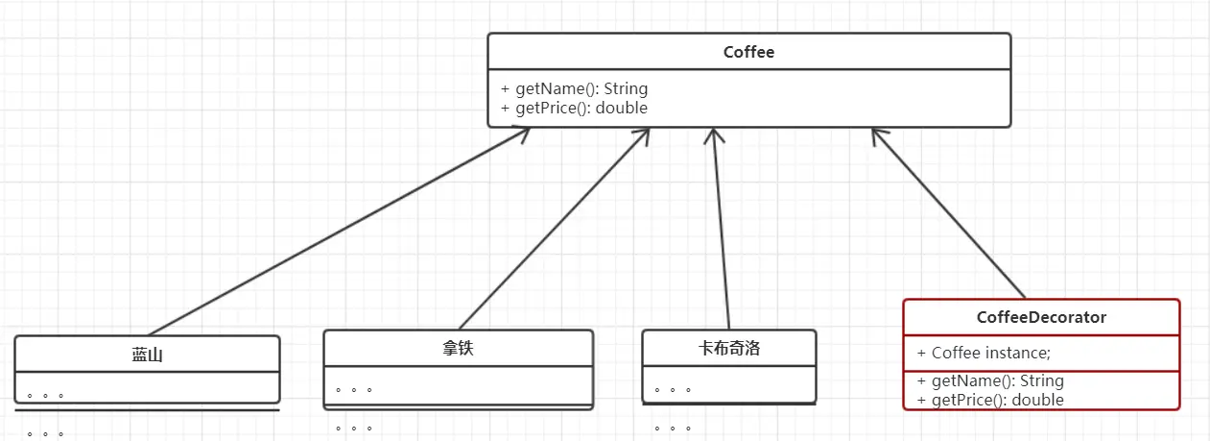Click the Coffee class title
tap(748, 52)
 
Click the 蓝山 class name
tap(147, 355)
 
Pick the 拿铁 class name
tap(458, 349)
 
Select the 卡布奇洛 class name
tap(728, 349)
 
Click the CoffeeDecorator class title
tap(1041, 317)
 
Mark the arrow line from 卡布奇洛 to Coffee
tap(720, 231)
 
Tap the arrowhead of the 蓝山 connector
tap(524, 132)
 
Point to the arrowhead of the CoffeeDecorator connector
tap(875, 134)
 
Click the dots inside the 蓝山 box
tap(45, 395)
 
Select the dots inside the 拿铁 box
tap(353, 390)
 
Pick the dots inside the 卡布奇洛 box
tap(672, 390)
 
